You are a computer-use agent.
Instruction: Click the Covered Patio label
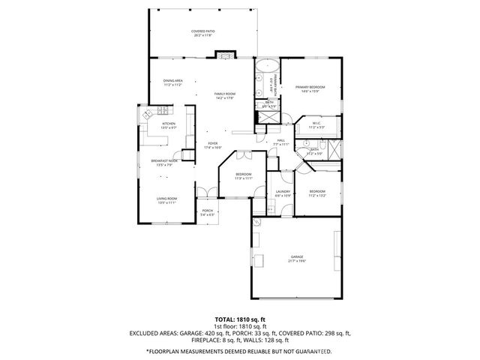202,33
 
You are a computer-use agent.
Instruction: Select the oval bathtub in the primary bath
264,79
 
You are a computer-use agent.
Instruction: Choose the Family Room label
225,95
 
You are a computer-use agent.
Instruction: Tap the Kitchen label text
169,125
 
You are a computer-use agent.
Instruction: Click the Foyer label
213,145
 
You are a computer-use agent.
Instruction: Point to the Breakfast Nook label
163,163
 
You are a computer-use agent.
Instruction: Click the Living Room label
166,200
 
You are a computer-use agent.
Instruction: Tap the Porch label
208,213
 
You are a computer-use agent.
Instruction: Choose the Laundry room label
283,193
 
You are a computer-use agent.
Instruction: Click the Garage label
297,259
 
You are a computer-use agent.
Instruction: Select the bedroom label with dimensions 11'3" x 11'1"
243,176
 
